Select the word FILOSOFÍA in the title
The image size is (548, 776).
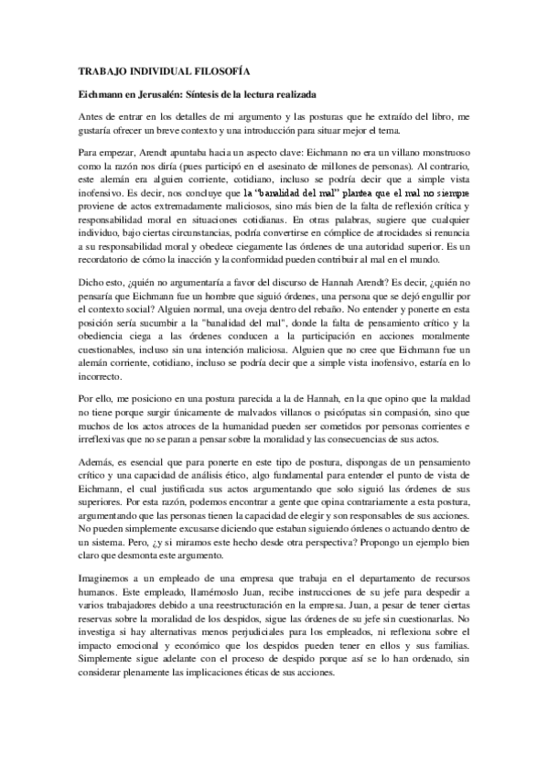(x=219, y=70)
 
